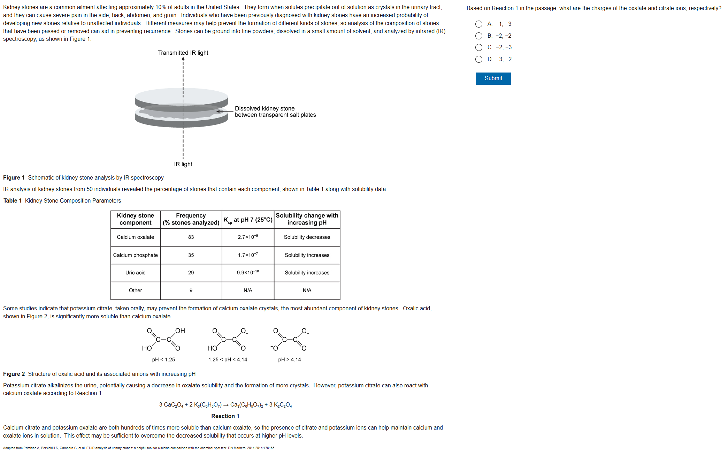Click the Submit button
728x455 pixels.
(x=493, y=78)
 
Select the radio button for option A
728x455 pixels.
(x=479, y=24)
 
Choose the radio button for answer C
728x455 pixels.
(x=479, y=47)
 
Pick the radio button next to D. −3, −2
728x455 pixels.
(x=479, y=59)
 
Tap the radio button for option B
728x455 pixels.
(x=479, y=36)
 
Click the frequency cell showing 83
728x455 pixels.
(x=191, y=237)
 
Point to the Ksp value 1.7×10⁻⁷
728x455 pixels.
(x=248, y=255)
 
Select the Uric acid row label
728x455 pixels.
(x=135, y=273)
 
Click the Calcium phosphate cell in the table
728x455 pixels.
(x=135, y=255)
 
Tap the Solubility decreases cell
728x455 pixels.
(x=307, y=237)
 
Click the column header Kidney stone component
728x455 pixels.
(x=135, y=219)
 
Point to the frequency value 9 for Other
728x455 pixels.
(x=191, y=290)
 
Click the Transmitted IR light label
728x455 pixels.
(x=183, y=53)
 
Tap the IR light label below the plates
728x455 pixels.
(x=183, y=164)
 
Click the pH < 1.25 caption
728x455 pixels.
(x=163, y=359)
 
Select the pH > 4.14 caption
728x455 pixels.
(x=289, y=359)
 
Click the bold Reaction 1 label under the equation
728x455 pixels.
(x=225, y=416)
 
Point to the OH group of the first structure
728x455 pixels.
(x=180, y=331)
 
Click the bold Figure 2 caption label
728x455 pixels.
(x=14, y=374)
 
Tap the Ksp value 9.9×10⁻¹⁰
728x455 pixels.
(x=248, y=273)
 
